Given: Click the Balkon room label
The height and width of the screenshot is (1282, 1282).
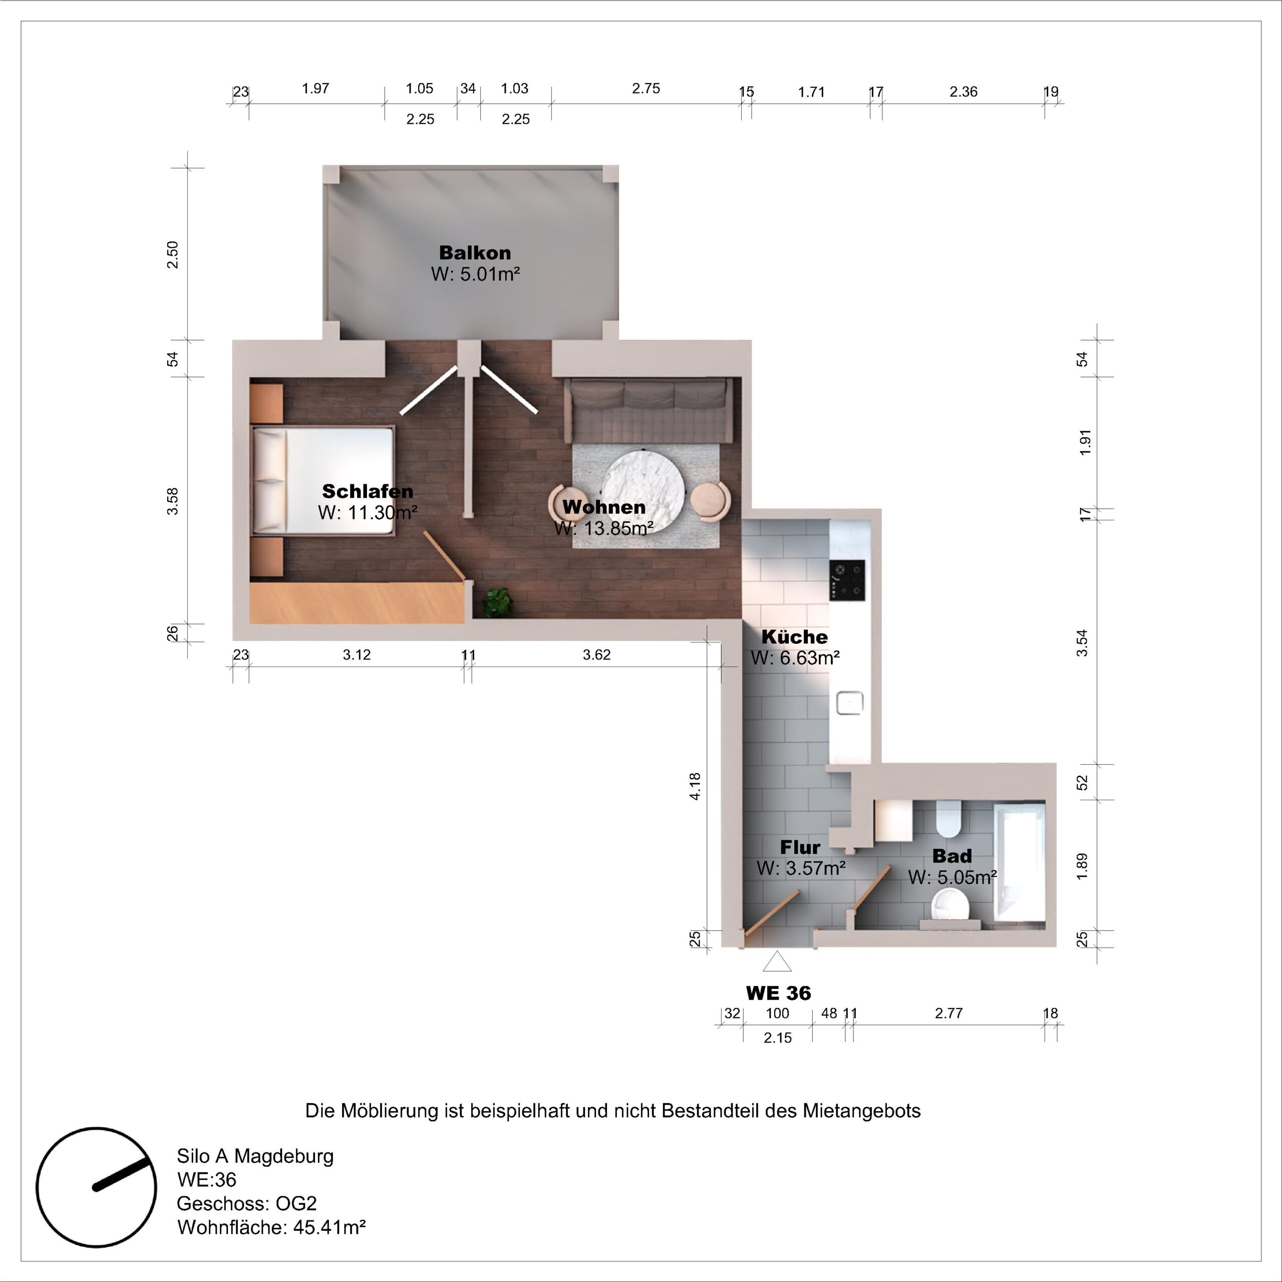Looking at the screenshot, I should [475, 253].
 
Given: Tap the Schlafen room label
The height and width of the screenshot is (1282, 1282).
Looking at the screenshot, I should [368, 491].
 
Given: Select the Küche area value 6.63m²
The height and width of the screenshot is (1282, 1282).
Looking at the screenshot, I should [795, 658].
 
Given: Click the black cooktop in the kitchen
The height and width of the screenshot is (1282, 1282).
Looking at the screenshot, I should [847, 579].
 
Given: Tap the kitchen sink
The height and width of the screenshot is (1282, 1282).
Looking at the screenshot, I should [849, 703].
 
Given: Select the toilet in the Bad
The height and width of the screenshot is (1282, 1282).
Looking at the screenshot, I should [948, 819].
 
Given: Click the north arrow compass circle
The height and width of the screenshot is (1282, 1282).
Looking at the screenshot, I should [96, 1186].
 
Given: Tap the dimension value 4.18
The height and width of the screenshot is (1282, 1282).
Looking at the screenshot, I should [695, 786].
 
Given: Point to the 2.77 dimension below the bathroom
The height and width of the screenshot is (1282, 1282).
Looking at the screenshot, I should [948, 1013].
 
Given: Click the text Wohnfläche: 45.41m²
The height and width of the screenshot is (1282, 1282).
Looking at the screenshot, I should [271, 1227].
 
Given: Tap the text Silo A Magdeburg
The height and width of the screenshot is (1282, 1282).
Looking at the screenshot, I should [255, 1156].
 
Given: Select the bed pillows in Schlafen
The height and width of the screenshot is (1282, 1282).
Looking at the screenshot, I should [269, 480].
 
